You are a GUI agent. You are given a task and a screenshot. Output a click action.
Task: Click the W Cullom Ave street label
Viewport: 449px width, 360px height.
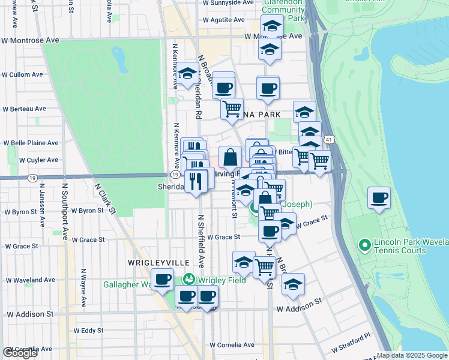point(22,75)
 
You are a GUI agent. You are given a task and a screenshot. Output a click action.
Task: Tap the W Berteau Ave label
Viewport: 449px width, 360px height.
point(24,109)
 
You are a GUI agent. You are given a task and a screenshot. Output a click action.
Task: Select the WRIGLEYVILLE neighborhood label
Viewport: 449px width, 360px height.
point(158,263)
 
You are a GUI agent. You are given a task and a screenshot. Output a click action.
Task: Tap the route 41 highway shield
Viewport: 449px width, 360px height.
point(329,139)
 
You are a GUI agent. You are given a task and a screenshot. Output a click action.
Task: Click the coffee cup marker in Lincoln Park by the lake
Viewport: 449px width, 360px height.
point(379,199)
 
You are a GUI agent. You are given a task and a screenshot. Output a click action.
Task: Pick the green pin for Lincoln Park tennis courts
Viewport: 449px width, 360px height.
point(363,245)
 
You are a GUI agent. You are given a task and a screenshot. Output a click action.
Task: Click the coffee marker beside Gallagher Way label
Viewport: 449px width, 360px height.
point(162,279)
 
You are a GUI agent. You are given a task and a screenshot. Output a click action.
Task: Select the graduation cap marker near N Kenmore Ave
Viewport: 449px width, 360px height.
point(187,74)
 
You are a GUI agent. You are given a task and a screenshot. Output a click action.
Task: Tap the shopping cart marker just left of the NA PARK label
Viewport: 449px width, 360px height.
point(232,109)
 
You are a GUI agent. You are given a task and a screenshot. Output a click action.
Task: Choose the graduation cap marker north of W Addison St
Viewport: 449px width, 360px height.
point(293,285)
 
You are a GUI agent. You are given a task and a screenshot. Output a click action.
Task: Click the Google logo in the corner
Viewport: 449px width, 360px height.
point(20,353)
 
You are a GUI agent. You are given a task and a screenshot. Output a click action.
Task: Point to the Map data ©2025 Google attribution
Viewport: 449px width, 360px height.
point(412,355)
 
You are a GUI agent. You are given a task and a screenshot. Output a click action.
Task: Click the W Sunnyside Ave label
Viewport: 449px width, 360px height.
point(213,3)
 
